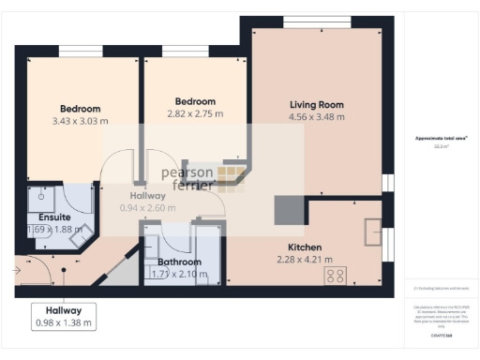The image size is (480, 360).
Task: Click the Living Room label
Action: pyautogui.click(x=316, y=105)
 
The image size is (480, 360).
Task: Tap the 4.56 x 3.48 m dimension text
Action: pyautogui.click(x=316, y=117)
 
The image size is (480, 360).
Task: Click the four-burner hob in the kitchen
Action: pyautogui.click(x=335, y=275)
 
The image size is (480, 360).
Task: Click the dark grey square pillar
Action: pyautogui.click(x=286, y=210)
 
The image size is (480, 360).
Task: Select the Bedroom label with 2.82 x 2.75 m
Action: pyautogui.click(x=195, y=101)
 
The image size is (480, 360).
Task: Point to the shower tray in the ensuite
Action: pyautogui.click(x=41, y=199)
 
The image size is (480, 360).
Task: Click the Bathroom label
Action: pyautogui.click(x=179, y=262)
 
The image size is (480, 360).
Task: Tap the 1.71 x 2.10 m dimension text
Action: pyautogui.click(x=179, y=274)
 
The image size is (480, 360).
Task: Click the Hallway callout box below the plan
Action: pyautogui.click(x=64, y=316)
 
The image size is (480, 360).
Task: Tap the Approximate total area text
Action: pyautogui.click(x=442, y=139)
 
